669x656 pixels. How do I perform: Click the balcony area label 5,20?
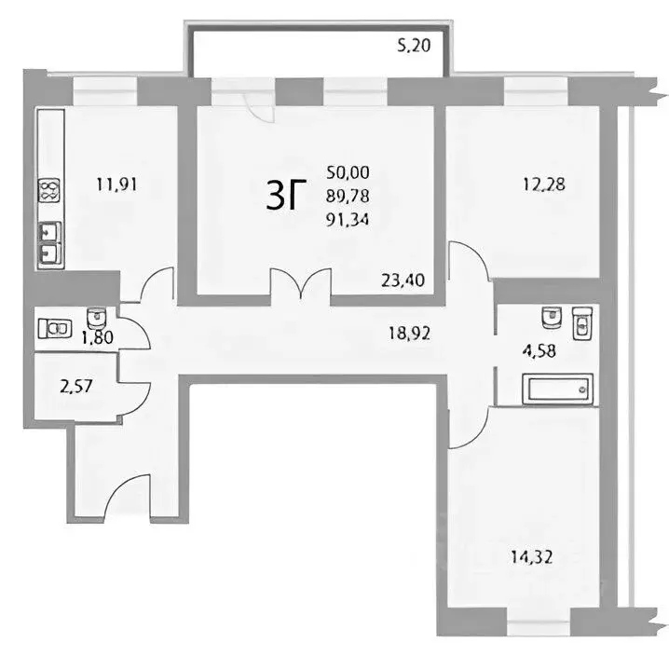click(415, 45)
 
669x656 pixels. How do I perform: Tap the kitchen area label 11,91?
click(116, 184)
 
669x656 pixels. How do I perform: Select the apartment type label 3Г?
click(286, 197)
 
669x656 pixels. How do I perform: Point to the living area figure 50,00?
click(347, 171)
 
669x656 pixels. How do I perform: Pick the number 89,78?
click(347, 196)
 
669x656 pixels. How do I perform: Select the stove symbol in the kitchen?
click(48, 192)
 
